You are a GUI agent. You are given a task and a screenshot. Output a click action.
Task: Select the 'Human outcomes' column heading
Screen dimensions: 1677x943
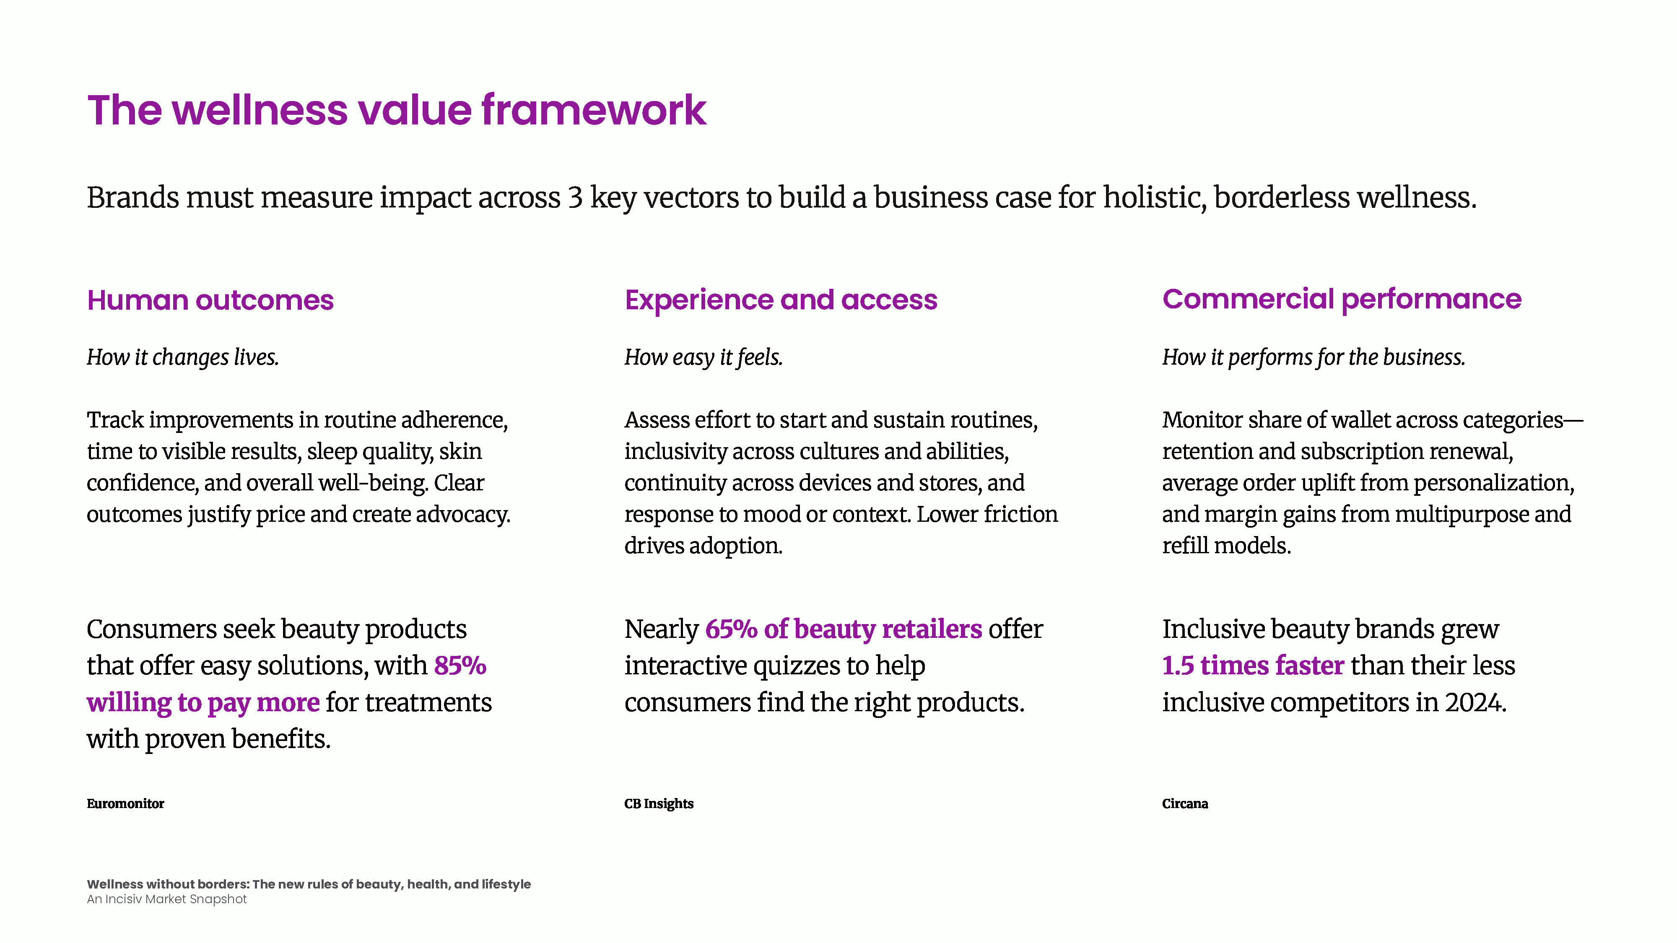click(210, 300)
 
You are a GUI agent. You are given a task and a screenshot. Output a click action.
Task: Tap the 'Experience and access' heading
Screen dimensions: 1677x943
click(781, 300)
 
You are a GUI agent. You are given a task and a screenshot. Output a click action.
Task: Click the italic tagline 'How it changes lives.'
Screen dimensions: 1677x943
click(183, 357)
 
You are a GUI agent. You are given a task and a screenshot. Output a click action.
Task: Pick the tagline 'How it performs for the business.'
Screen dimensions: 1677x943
click(1314, 357)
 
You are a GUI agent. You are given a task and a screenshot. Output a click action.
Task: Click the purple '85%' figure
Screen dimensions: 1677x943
click(460, 665)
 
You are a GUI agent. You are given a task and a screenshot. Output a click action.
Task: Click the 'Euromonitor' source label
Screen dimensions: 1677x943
click(126, 804)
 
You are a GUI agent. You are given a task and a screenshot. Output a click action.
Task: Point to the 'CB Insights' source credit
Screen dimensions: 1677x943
click(659, 804)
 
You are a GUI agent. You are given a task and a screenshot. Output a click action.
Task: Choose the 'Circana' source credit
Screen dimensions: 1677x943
click(1185, 804)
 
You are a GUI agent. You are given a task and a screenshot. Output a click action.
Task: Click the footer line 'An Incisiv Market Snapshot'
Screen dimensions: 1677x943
click(167, 899)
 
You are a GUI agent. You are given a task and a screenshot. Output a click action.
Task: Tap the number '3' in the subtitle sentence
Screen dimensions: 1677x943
click(575, 197)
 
